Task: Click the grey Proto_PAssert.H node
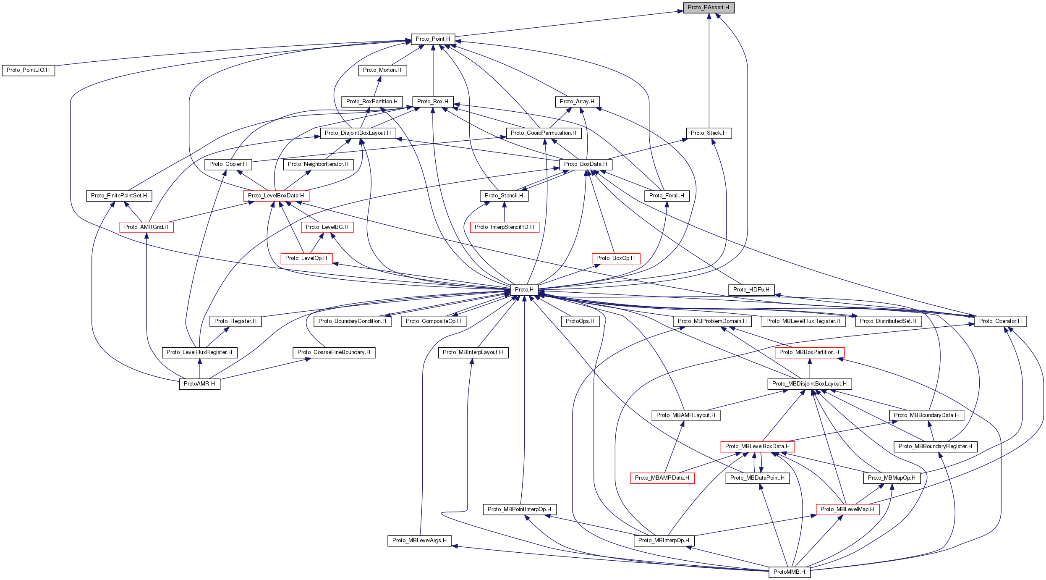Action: coord(709,8)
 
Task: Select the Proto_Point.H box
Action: coord(433,39)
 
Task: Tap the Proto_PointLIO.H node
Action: coord(28,70)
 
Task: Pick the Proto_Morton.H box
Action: coord(382,70)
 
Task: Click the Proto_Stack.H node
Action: coord(709,133)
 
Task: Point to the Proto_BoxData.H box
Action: coord(586,164)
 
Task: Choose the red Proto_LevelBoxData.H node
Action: coord(276,196)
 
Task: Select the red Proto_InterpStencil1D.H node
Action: coord(504,227)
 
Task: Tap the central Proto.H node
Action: coord(524,290)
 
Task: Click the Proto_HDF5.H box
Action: coord(751,290)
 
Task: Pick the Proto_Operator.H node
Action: coord(1000,321)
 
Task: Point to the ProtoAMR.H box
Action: coord(199,384)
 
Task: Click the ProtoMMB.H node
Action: coord(789,572)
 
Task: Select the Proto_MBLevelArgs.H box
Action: coord(419,541)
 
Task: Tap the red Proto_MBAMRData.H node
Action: coord(662,478)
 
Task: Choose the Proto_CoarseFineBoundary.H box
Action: coord(334,352)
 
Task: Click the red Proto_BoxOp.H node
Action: coord(615,258)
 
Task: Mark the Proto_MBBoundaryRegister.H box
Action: coord(935,446)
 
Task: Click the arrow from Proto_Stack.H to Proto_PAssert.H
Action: coord(709,71)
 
